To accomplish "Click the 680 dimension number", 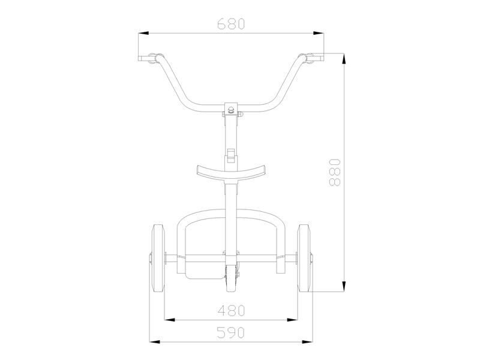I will pyautogui.click(x=232, y=24).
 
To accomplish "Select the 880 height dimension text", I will pyautogui.click(x=335, y=172).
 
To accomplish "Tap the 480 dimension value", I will pyautogui.click(x=232, y=311).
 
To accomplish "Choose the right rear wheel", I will pyautogui.click(x=305, y=258).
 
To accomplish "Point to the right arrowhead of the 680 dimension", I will pyautogui.click(x=321, y=34).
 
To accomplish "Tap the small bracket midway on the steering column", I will pyautogui.click(x=232, y=154).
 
